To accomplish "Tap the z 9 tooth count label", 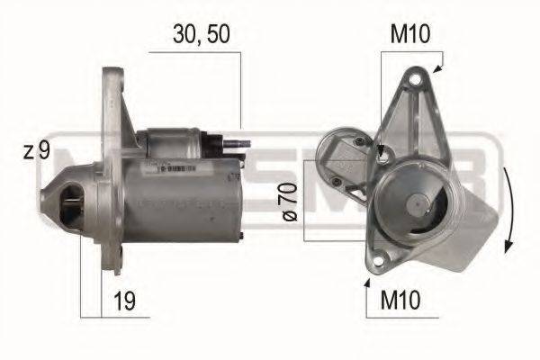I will click(37, 151).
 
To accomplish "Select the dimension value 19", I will click(125, 301).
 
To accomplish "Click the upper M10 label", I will click(409, 36).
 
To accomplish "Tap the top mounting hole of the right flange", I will click(416, 83).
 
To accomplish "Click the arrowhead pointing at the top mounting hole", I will click(437, 68).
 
